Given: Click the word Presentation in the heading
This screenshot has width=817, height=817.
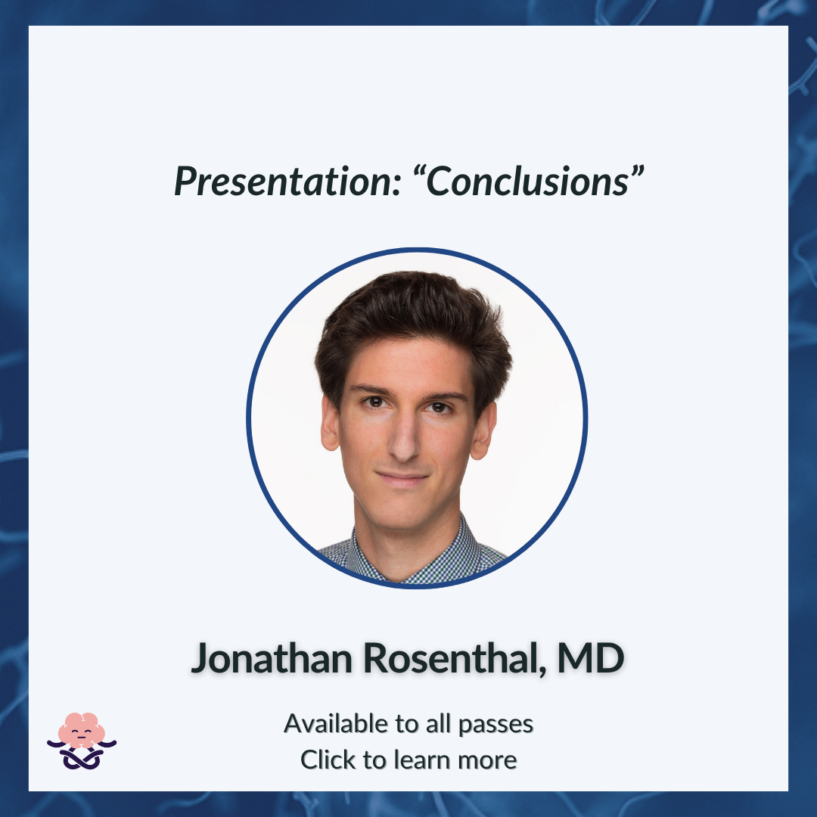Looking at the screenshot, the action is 287,182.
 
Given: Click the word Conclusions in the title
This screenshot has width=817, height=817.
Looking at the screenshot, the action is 527,182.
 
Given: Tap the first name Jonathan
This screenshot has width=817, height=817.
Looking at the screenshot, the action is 272,658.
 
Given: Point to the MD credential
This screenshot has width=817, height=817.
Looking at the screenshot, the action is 590,658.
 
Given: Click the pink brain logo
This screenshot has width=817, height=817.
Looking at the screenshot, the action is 82,741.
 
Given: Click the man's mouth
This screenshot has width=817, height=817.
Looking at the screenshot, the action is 402,477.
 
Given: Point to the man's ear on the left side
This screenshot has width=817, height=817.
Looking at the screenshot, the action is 331,423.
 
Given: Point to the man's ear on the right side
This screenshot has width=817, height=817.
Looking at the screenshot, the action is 483,430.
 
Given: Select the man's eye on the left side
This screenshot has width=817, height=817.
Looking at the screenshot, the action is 375,402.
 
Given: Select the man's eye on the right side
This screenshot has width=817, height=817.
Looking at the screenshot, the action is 439,407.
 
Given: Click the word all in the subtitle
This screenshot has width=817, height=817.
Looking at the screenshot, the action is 438,723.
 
